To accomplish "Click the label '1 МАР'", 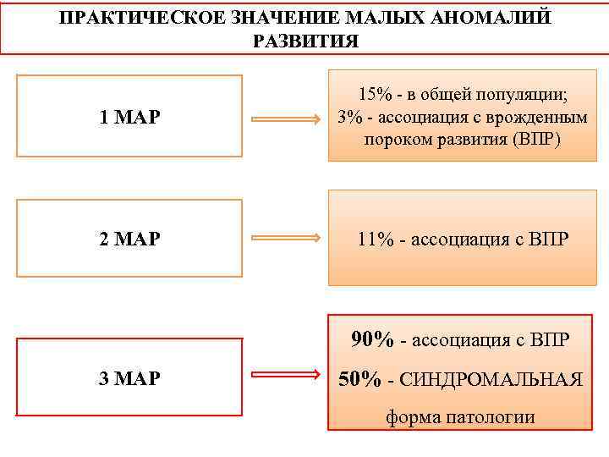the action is pyautogui.click(x=129, y=118).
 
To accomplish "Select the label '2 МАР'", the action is pyautogui.click(x=129, y=240).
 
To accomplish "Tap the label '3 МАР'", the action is pyautogui.click(x=129, y=378).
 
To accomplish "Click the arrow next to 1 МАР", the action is pyautogui.click(x=284, y=120).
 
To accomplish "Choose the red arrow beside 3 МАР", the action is pyautogui.click(x=284, y=377).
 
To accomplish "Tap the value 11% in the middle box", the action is pyautogui.click(x=375, y=240).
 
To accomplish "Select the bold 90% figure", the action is pyautogui.click(x=373, y=340).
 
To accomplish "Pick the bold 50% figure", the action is pyautogui.click(x=359, y=379).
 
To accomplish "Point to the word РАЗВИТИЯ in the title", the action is pyautogui.click(x=304, y=41).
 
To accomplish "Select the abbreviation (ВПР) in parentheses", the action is pyautogui.click(x=531, y=139).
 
